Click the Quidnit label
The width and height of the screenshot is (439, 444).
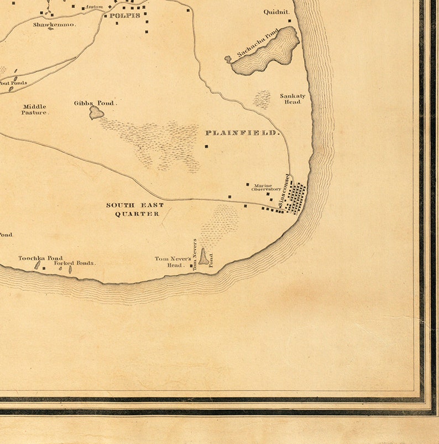(x=276, y=12)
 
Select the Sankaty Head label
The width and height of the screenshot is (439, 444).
(x=292, y=99)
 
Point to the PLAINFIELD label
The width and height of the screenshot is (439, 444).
(x=243, y=133)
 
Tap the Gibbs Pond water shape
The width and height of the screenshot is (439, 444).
(x=97, y=113)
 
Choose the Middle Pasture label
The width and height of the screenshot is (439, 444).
(x=35, y=109)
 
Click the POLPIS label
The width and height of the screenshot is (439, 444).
(x=124, y=16)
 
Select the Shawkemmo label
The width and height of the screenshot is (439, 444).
(x=54, y=25)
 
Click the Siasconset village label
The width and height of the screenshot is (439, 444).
(x=285, y=192)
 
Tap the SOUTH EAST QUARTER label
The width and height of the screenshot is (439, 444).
(x=135, y=209)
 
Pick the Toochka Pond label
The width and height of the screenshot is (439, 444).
(x=40, y=258)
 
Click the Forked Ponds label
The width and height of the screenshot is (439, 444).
(x=75, y=263)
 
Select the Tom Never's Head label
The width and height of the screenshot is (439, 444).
(x=173, y=262)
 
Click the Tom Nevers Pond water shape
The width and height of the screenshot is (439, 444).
(x=204, y=257)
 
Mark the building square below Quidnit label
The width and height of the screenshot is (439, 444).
(x=289, y=21)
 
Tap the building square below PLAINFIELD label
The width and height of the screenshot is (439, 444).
(x=206, y=146)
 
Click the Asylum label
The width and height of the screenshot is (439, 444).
(x=94, y=7)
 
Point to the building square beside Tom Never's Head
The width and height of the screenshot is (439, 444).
(x=191, y=266)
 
